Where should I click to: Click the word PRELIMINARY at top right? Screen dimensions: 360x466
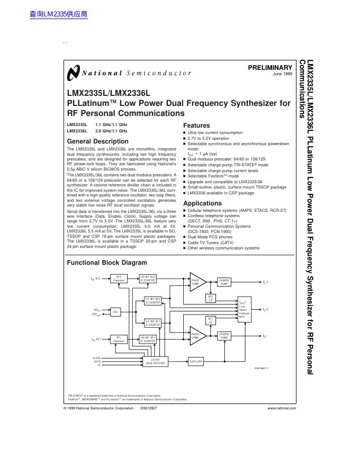tap(270, 68)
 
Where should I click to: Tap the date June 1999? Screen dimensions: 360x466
tap(282, 74)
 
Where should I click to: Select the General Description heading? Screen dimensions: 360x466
tap(97, 141)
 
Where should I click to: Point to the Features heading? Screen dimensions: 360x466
tap(196, 126)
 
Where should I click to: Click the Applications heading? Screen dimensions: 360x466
tap(202, 203)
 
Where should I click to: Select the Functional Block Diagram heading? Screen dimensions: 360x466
tap(107, 263)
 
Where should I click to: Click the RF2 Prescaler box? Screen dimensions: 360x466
tap(119, 279)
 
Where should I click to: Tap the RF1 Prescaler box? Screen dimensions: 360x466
tap(119, 340)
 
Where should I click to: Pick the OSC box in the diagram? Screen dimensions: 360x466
tap(116, 312)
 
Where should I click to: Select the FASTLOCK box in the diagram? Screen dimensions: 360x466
tap(196, 362)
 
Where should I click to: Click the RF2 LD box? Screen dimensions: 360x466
tap(210, 299)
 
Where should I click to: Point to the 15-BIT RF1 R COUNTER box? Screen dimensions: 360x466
tap(154, 322)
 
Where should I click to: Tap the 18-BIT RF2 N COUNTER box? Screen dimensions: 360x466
tap(148, 279)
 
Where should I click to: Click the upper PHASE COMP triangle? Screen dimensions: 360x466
tap(195, 281)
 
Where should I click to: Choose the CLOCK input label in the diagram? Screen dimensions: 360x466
tap(96, 358)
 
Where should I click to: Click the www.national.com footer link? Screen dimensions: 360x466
tap(282, 408)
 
